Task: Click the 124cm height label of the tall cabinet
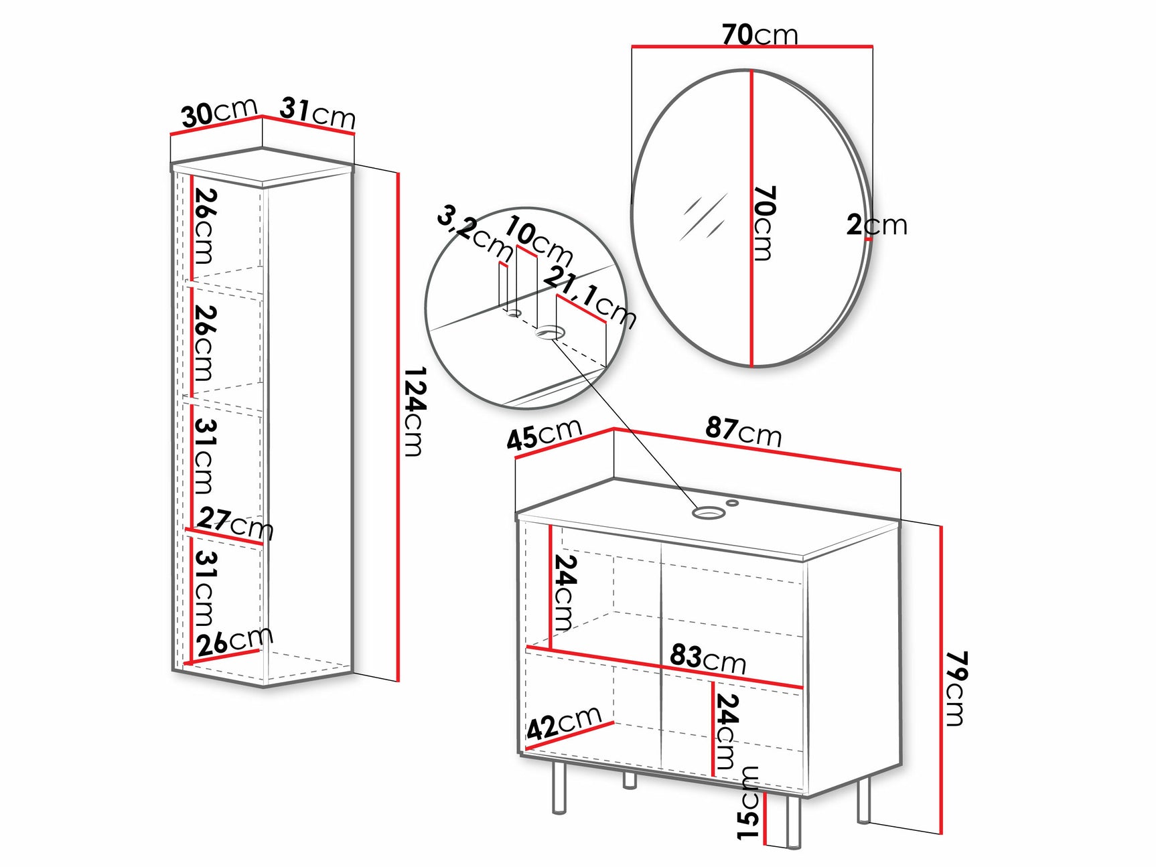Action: tap(415, 411)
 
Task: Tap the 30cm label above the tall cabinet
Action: tap(219, 112)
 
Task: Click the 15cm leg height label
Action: tap(748, 803)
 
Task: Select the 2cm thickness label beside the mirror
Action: tap(877, 225)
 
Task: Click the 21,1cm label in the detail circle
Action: tap(589, 297)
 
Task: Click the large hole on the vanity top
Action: tap(708, 513)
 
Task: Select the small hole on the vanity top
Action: tap(733, 501)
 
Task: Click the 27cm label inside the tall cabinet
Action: tap(234, 522)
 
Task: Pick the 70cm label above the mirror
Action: tap(760, 34)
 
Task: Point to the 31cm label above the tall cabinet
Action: tap(317, 112)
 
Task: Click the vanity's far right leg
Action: tap(863, 799)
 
